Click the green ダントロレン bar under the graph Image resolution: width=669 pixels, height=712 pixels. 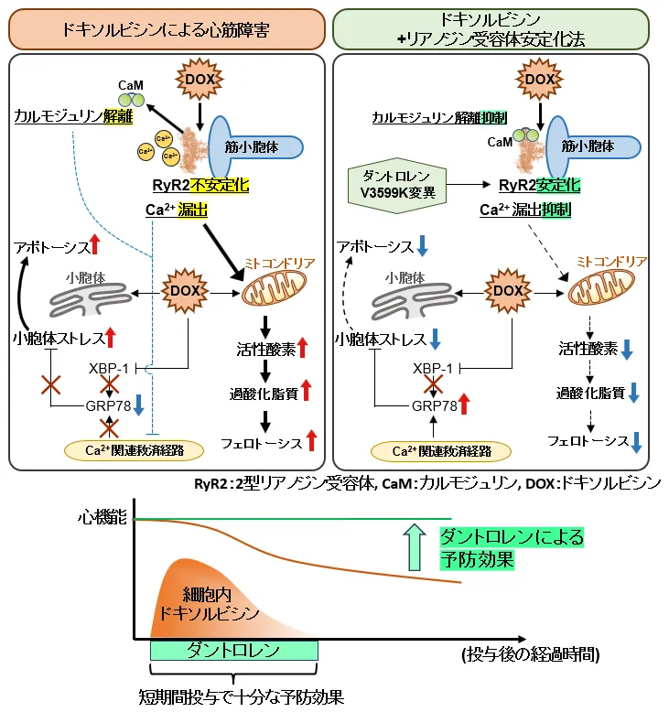(233, 650)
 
